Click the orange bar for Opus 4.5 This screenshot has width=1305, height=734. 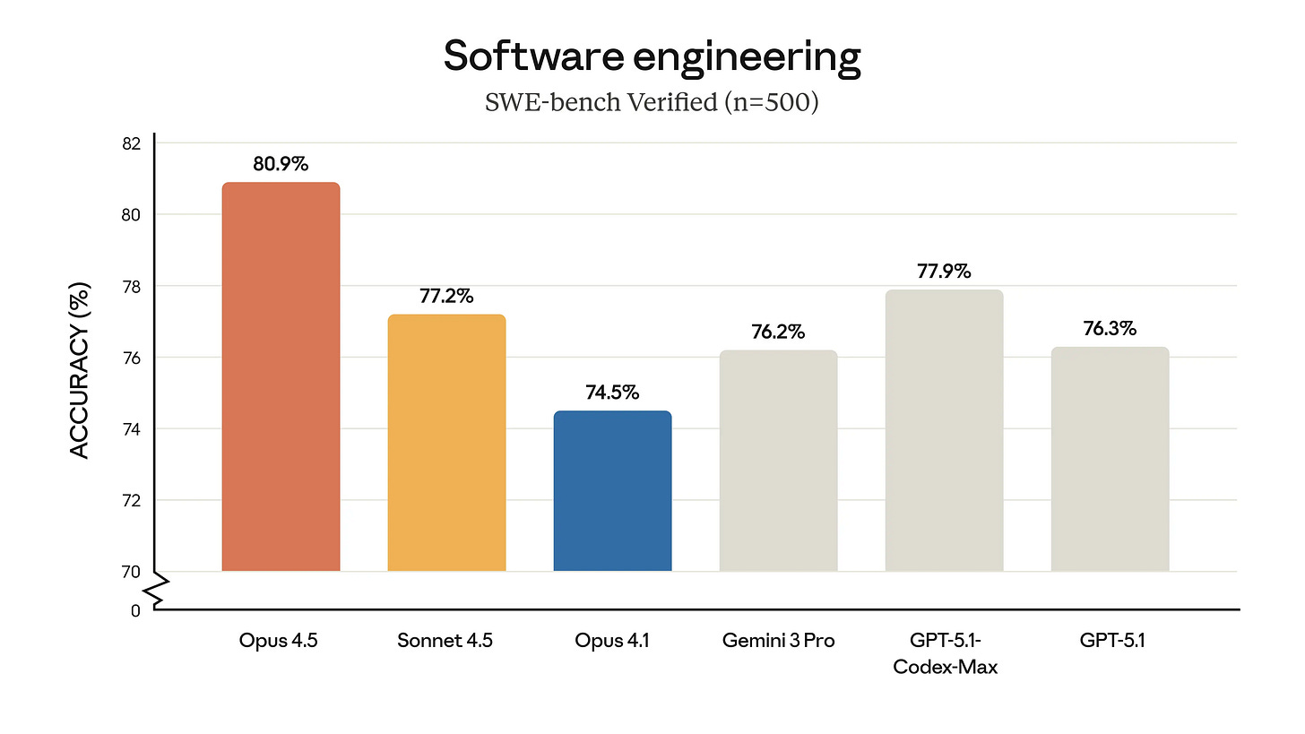click(x=281, y=376)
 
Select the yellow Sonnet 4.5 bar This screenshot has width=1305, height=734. click(x=446, y=443)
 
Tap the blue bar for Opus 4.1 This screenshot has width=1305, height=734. click(x=612, y=491)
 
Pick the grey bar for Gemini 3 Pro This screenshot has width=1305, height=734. click(x=778, y=461)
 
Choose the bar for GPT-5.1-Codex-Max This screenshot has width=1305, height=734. click(x=944, y=430)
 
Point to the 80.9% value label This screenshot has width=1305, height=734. click(x=281, y=164)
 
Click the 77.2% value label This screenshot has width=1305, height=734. click(x=446, y=296)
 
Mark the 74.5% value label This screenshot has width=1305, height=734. click(x=612, y=393)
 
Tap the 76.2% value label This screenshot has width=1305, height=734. click(x=778, y=332)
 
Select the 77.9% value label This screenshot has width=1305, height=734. click(x=944, y=271)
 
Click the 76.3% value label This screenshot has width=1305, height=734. click(x=1110, y=328)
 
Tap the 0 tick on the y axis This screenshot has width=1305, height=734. click(x=135, y=610)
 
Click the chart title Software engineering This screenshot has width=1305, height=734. click(x=652, y=56)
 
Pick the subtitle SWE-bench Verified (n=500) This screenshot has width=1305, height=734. click(x=652, y=102)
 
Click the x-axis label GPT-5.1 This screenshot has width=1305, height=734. click(x=1110, y=641)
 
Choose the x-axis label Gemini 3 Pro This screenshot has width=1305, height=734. click(x=778, y=641)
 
